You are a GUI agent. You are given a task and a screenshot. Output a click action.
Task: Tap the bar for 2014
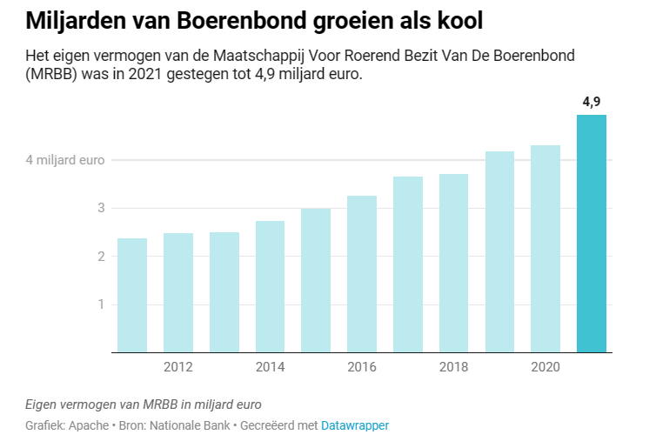(270, 286)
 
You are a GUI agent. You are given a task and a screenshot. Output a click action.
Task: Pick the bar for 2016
(362, 274)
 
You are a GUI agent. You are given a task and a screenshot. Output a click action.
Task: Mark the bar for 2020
(546, 249)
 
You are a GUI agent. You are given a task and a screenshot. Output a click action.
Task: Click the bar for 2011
(132, 295)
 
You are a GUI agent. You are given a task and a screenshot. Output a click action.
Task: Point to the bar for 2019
(499, 251)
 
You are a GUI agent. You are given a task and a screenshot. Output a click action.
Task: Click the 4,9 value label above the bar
(592, 103)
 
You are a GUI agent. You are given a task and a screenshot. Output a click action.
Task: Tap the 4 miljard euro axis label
(65, 160)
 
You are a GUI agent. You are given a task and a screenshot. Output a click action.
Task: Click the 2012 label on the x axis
(178, 367)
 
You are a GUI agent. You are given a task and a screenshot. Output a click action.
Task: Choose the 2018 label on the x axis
(454, 367)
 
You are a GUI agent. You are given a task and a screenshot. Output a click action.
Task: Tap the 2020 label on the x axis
(546, 367)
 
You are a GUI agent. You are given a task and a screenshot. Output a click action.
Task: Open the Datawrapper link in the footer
(355, 425)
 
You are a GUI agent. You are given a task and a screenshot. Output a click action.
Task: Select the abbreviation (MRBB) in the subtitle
(53, 76)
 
